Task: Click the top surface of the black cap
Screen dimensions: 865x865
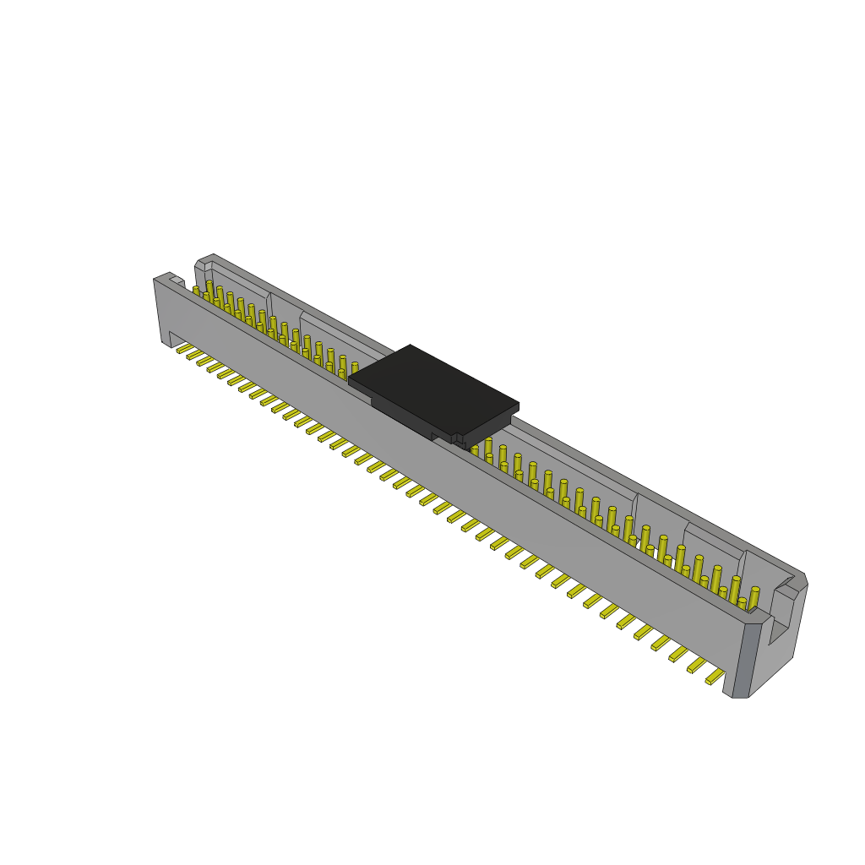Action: tap(432, 389)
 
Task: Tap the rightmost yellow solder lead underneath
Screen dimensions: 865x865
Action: tap(715, 676)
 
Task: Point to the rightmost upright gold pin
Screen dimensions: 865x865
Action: tap(754, 597)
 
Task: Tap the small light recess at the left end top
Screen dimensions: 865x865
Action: tap(177, 280)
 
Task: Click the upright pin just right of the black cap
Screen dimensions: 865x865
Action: tap(488, 446)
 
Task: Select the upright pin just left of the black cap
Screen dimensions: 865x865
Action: tap(355, 368)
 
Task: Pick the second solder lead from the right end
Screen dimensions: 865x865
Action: tap(698, 665)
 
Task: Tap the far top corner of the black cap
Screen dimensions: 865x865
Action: tap(411, 345)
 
